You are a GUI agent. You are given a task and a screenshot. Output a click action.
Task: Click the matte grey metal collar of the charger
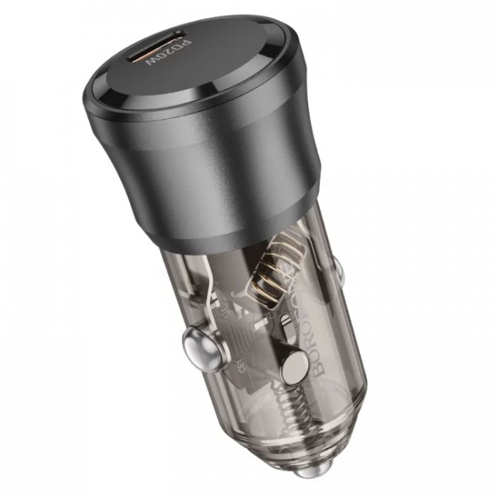213,171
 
